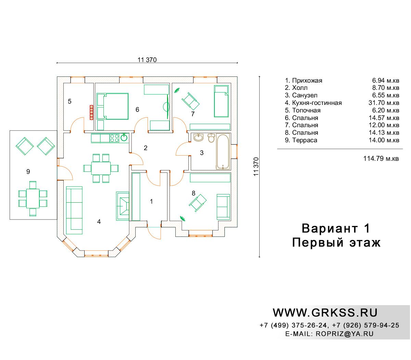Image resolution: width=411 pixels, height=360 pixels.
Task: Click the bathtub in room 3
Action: [223, 151]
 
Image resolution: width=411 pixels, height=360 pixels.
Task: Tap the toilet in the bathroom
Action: [211, 138]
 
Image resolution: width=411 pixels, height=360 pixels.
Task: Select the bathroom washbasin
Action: [198, 137]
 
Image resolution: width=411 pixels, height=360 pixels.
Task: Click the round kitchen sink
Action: [124, 137]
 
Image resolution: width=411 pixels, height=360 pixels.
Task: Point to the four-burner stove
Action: [114, 138]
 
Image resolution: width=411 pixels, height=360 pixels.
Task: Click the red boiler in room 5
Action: [91, 112]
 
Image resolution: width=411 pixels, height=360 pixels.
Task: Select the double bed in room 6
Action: [112, 106]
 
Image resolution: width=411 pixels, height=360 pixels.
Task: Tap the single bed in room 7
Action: [221, 101]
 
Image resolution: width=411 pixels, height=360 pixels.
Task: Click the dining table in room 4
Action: [101, 168]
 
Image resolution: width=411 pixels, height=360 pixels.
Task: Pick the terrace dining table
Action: [33, 198]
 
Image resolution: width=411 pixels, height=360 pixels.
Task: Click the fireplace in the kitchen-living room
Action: [123, 206]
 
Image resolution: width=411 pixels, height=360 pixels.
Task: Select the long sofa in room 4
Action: [74, 211]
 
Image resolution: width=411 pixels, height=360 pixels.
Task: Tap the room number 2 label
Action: [146, 148]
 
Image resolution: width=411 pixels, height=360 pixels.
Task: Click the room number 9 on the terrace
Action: [28, 171]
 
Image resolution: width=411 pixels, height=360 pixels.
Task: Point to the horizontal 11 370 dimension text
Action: [147, 60]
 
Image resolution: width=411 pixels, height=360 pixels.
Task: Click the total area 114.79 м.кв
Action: [381, 159]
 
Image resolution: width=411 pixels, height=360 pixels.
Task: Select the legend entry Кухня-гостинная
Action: [317, 103]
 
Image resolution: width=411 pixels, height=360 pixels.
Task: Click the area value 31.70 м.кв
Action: [384, 103]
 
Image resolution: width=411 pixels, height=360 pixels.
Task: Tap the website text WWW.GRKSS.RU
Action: [325, 313]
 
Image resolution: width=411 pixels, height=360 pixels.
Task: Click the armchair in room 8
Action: [198, 203]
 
